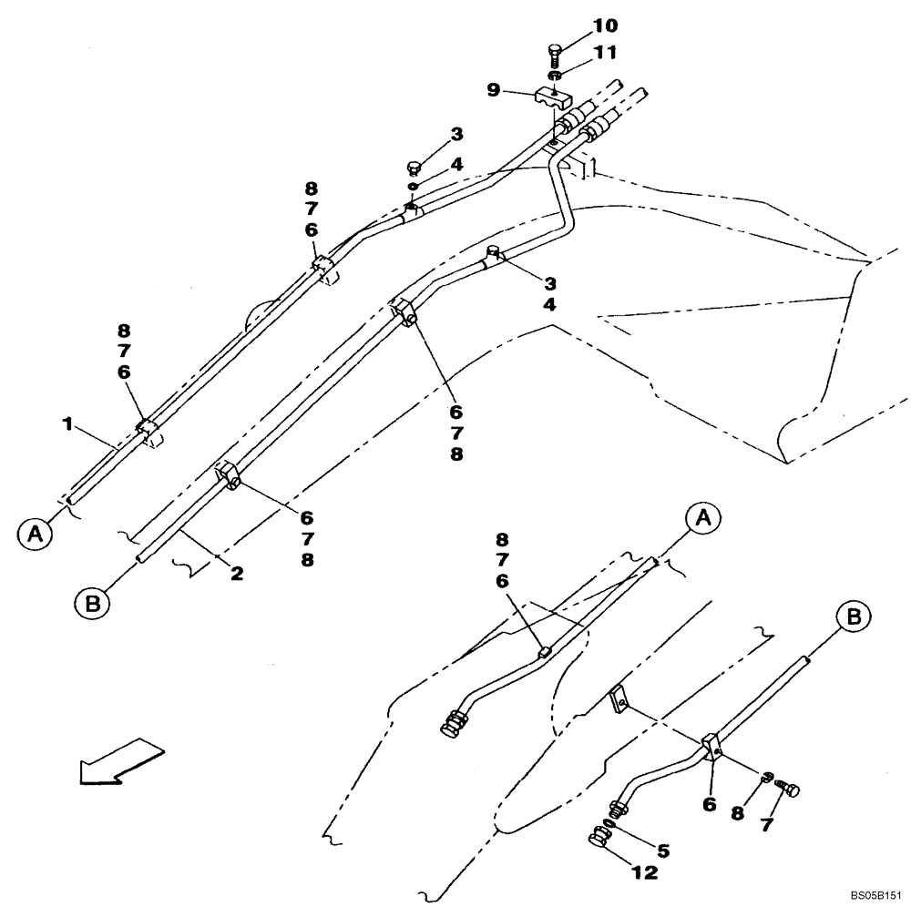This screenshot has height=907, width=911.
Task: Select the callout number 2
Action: pos(236,574)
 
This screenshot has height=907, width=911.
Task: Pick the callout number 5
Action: pos(662,851)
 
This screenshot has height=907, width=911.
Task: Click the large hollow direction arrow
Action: pos(121,761)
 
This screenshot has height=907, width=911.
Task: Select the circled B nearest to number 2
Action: pos(92,601)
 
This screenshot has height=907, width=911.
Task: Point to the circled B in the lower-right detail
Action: pos(853,617)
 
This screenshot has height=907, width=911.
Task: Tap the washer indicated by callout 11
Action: pos(555,75)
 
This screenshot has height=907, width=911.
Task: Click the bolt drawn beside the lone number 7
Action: pos(790,790)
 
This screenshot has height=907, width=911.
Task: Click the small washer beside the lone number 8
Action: pos(767,777)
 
